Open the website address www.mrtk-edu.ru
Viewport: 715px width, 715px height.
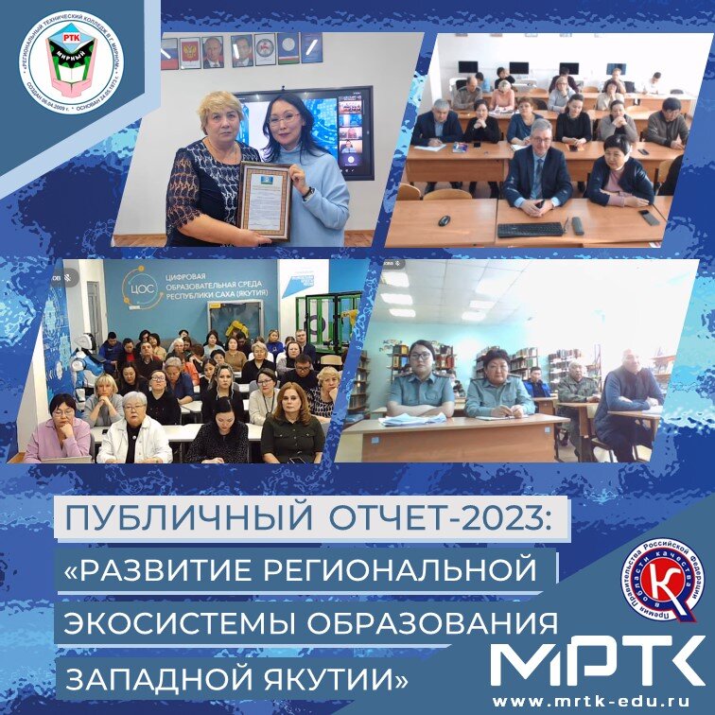(x=597, y=701)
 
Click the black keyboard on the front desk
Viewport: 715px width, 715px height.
(x=531, y=229)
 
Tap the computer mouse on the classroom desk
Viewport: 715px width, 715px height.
(x=444, y=220)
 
